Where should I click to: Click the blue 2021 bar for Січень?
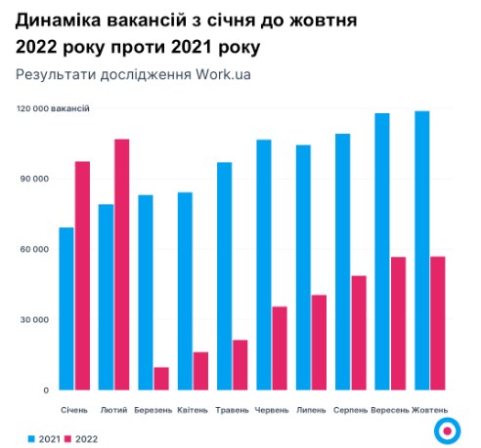(x=66, y=308)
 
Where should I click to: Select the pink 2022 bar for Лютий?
(x=121, y=265)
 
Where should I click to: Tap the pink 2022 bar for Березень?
(x=161, y=379)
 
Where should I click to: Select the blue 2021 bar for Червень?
(x=264, y=265)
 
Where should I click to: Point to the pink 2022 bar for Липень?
(x=320, y=343)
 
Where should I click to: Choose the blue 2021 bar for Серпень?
(x=343, y=262)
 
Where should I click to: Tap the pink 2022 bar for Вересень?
(x=399, y=323)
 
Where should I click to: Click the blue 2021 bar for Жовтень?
(x=422, y=251)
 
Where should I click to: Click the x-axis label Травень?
(x=232, y=409)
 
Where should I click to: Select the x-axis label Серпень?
(x=351, y=409)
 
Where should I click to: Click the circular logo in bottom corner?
(x=447, y=428)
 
